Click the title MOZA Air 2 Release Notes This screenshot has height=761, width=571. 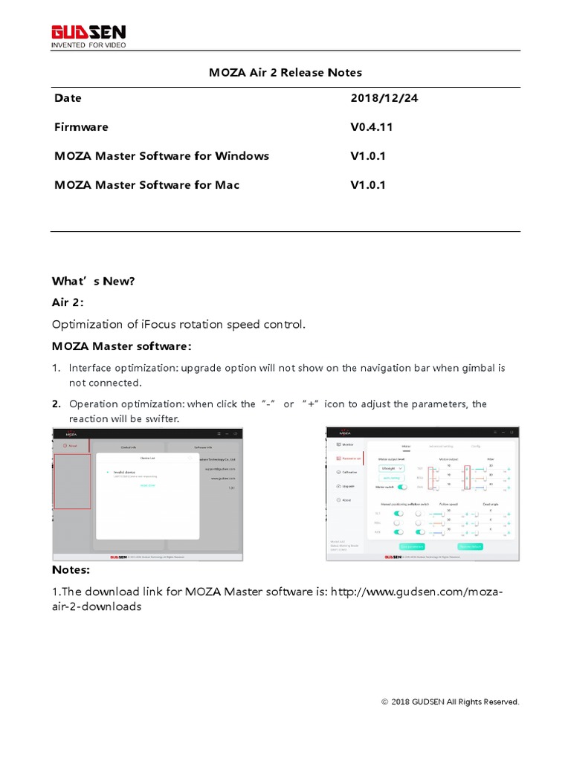(285, 72)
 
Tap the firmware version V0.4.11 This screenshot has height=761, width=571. (371, 127)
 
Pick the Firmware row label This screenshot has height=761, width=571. (81, 127)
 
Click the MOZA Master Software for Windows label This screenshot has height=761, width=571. (161, 156)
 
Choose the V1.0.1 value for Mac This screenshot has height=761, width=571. (368, 185)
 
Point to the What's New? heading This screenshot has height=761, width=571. (93, 281)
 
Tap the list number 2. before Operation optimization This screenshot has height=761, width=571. (56, 404)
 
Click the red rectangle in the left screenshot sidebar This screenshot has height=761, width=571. (73, 481)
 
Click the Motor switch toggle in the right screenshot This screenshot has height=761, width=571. (402, 487)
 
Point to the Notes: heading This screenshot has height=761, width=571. (71, 570)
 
